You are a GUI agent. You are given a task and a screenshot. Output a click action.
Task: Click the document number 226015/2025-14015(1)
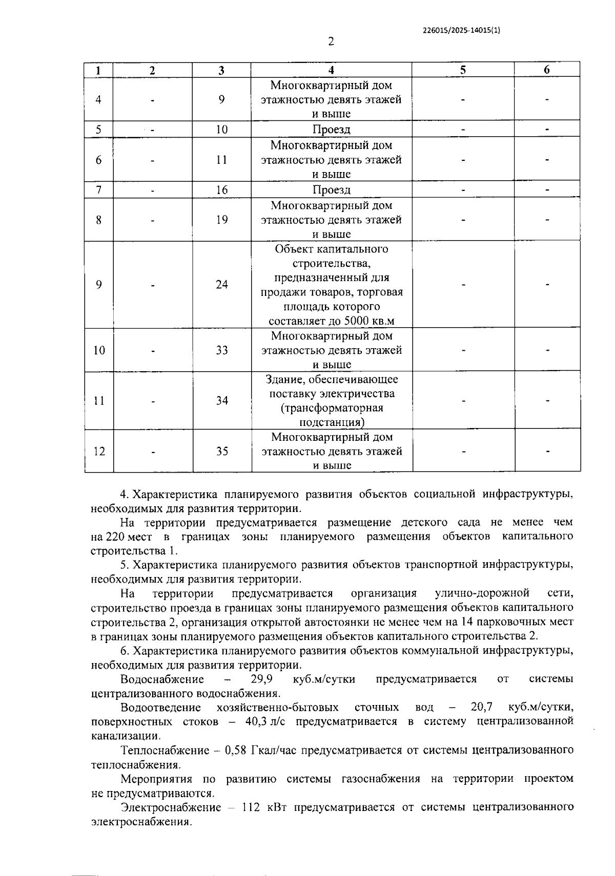(461, 30)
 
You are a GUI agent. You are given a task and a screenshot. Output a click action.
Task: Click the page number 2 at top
(331, 42)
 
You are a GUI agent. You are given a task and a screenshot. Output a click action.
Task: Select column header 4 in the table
(331, 70)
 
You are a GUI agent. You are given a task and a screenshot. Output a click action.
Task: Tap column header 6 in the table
(547, 70)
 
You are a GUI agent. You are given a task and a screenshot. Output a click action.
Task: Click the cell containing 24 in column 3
(221, 285)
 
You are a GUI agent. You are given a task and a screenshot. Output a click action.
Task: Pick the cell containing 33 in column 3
(221, 351)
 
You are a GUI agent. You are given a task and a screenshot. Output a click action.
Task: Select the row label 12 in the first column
(98, 452)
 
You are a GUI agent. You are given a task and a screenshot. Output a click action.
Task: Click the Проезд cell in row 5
(331, 130)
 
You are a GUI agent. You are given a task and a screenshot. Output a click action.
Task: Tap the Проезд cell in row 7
(331, 190)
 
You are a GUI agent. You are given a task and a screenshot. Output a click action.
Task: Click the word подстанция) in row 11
(332, 422)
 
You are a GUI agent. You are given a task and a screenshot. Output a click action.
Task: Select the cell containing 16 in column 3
(221, 190)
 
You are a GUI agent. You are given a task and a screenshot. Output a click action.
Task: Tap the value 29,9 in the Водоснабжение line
(261, 679)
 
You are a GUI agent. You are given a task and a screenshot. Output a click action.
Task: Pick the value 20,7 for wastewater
(481, 708)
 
